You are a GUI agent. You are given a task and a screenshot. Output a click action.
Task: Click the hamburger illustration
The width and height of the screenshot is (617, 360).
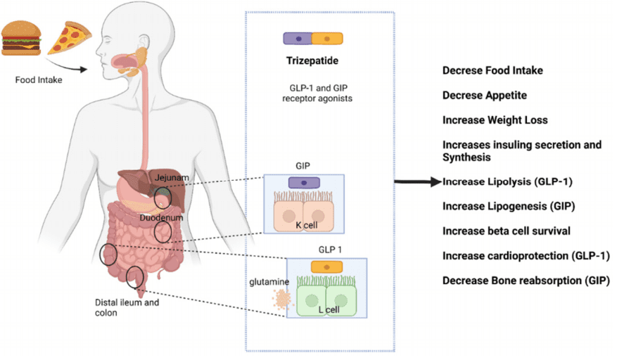point(21,38)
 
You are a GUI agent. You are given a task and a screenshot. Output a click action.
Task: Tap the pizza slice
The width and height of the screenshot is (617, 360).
point(69,38)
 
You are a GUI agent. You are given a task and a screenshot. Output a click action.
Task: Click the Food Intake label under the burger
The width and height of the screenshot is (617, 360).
point(39,80)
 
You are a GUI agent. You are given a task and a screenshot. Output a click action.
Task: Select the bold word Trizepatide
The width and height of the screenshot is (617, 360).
point(312,60)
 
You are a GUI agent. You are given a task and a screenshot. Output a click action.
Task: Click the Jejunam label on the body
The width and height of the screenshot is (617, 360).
point(172,177)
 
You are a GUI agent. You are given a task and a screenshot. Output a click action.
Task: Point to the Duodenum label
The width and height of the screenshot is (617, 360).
point(161,217)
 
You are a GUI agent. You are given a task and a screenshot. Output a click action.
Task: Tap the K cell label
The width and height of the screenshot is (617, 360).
point(307,226)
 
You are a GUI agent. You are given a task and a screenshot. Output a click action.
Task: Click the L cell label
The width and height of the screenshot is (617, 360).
point(329,309)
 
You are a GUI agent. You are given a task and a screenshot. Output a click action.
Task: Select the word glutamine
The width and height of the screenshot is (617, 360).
point(269,282)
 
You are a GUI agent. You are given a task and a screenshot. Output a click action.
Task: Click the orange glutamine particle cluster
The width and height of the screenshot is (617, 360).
point(282,299)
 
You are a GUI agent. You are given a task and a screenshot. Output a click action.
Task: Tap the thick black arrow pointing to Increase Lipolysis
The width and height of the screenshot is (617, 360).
point(418,181)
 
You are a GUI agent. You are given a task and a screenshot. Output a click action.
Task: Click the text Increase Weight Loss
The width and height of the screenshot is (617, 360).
point(495,120)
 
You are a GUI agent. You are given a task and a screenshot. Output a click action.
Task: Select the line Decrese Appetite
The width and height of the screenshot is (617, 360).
point(485,95)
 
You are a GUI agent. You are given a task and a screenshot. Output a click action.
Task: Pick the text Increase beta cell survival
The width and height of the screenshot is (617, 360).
point(507,231)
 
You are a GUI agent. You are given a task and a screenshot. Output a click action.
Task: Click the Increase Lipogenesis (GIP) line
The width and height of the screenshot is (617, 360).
point(509,206)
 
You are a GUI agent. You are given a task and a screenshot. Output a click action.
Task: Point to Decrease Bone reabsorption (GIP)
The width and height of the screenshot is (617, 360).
point(526,281)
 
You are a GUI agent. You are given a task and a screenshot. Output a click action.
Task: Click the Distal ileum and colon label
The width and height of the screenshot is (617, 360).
point(127,308)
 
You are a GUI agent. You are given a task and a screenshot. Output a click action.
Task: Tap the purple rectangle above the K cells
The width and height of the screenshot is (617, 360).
point(304,183)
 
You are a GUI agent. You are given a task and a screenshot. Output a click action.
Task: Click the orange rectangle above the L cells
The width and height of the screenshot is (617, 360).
point(326,267)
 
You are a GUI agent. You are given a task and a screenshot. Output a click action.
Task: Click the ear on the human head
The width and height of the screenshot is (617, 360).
point(144,42)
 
